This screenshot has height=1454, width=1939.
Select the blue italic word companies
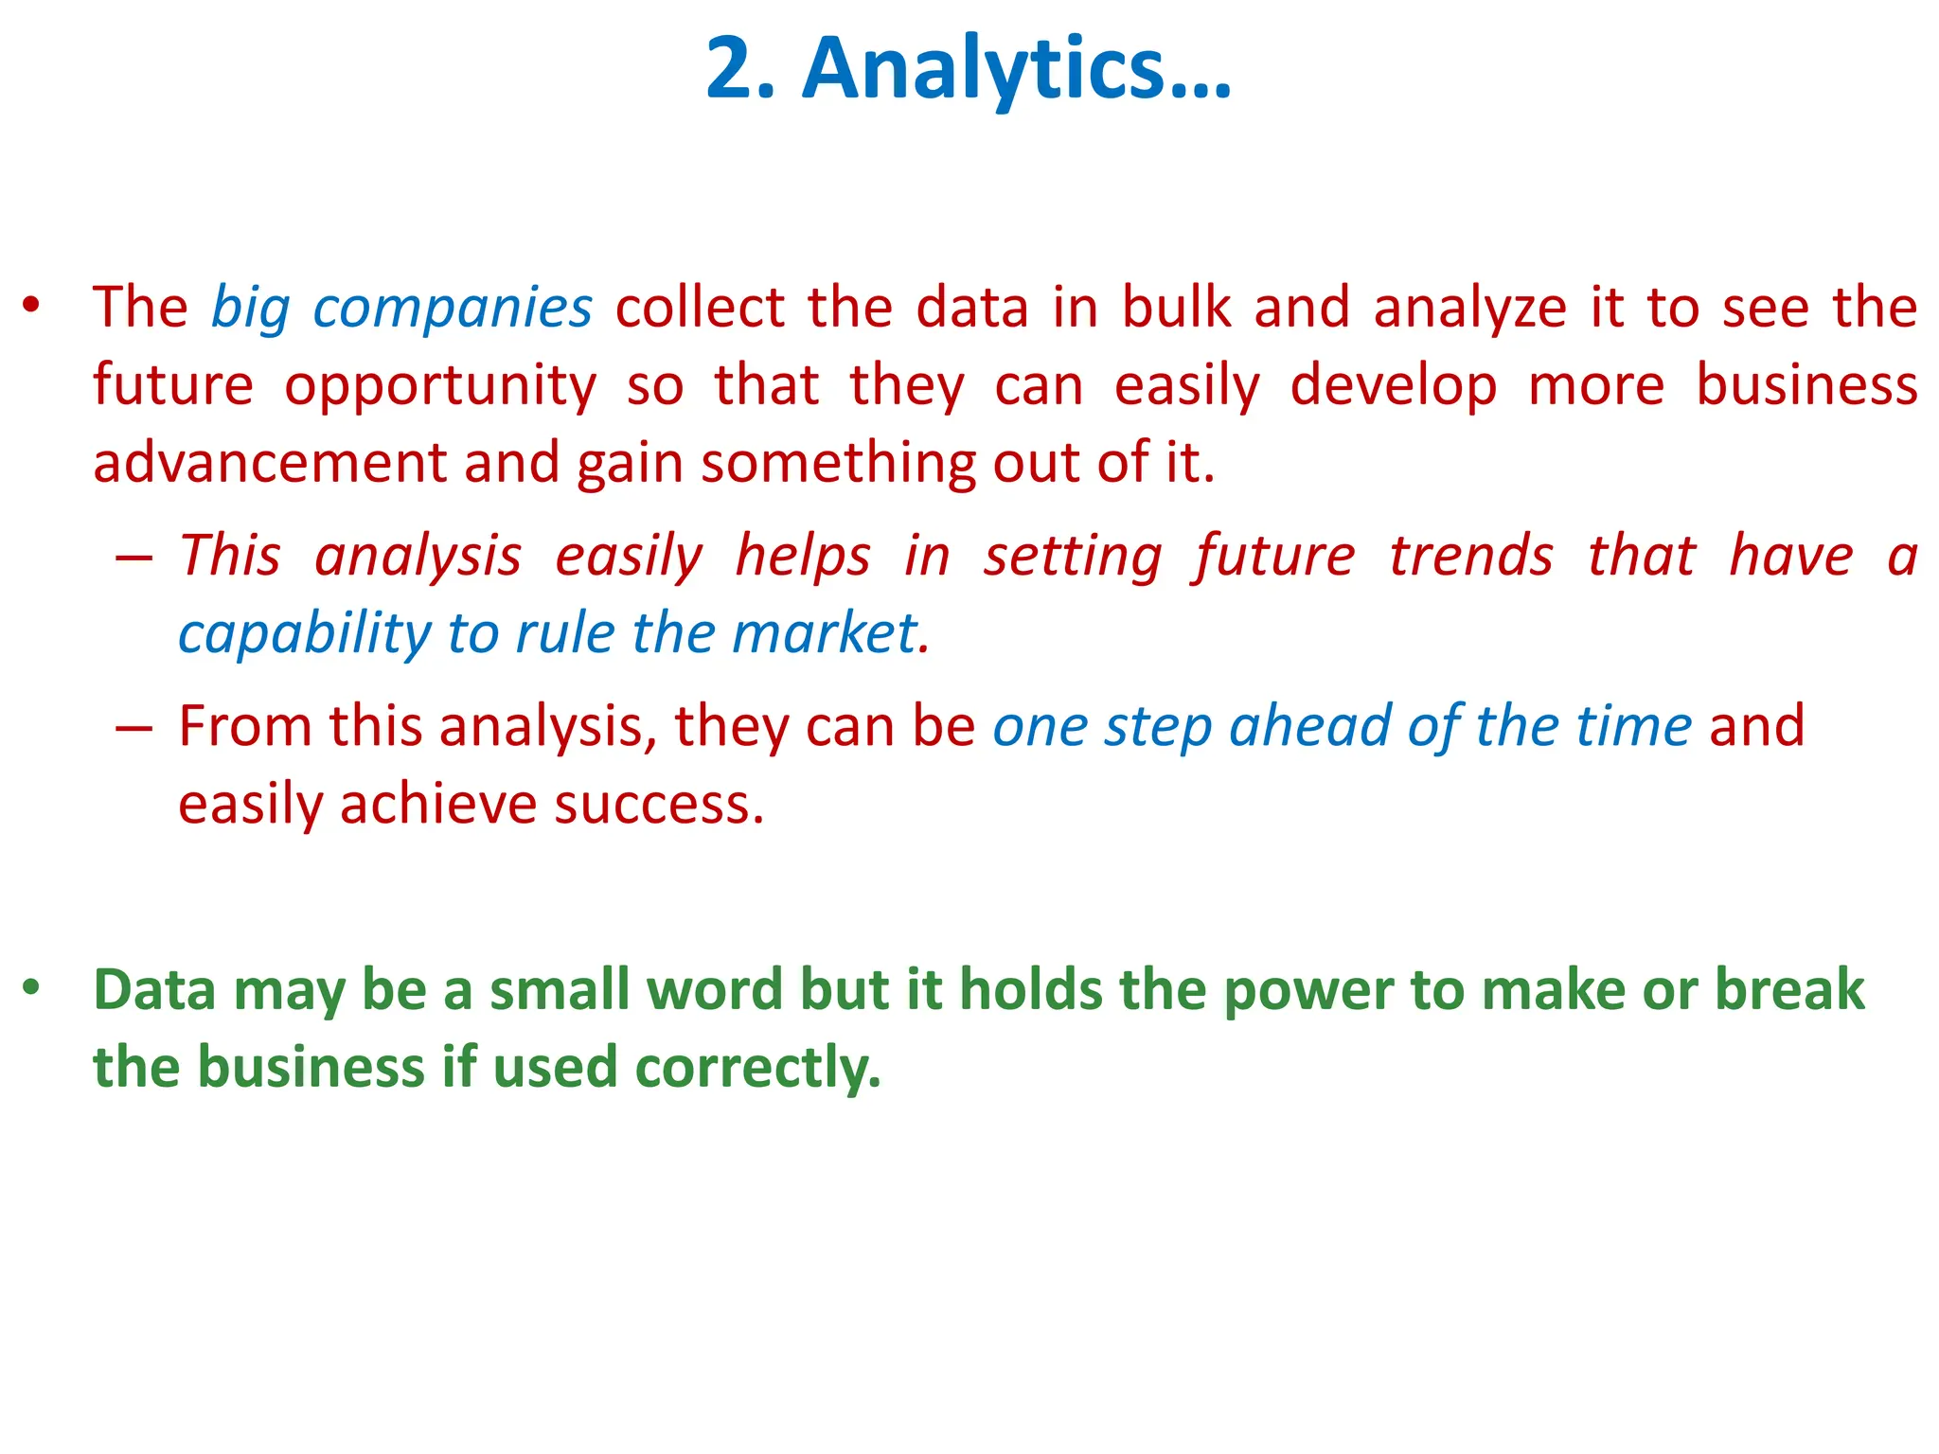click(x=453, y=309)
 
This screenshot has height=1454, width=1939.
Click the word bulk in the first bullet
click(x=1177, y=309)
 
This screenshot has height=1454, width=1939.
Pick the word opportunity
click(x=440, y=386)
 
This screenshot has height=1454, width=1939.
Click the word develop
click(x=1394, y=386)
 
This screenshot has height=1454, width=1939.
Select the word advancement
click(x=269, y=463)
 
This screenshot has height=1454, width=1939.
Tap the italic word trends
click(x=1470, y=556)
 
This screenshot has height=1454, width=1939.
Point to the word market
click(x=830, y=633)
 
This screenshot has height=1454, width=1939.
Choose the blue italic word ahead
click(x=1310, y=727)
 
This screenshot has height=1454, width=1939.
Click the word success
click(x=659, y=805)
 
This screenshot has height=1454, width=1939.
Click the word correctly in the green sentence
click(x=757, y=1068)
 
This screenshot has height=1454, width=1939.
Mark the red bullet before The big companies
click(x=31, y=306)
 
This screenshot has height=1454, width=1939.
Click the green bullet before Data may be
click(x=31, y=988)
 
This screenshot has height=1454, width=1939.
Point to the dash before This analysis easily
click(x=133, y=558)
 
